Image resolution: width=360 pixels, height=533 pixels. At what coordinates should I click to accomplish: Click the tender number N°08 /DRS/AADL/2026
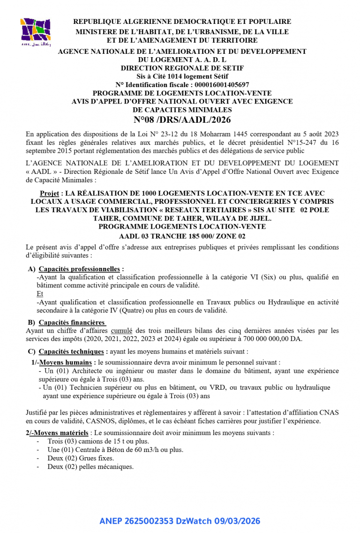click(x=182, y=120)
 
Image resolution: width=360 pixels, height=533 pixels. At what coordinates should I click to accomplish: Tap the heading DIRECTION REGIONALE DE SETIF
click(x=182, y=68)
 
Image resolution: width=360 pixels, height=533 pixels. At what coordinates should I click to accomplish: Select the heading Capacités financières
click(x=72, y=322)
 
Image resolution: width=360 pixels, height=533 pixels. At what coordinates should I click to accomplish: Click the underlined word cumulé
click(x=121, y=331)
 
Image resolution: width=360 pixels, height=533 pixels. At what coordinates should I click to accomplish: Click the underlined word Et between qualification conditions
click(x=40, y=294)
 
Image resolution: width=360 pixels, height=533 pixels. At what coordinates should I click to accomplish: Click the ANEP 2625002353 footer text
click(x=180, y=521)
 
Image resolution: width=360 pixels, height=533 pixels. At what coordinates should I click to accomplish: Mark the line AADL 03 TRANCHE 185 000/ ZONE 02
click(x=182, y=236)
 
